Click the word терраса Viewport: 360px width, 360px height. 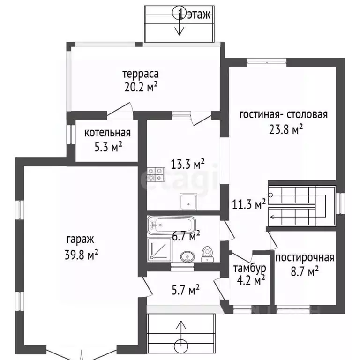141,74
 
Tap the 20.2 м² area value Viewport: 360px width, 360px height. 141,87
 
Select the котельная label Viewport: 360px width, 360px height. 108,133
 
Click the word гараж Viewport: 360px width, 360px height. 80,240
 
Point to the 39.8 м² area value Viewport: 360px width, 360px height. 82,254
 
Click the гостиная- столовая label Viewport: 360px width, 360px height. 284,114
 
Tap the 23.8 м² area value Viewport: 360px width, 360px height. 286,129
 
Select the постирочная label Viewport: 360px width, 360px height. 305,258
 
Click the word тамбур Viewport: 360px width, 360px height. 250,268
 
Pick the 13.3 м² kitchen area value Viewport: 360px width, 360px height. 188,164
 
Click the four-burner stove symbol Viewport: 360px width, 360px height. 156,174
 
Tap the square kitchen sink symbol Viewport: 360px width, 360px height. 188,202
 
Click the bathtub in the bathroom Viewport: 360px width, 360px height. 171,225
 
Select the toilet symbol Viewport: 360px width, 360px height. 208,254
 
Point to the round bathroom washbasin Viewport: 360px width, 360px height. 187,257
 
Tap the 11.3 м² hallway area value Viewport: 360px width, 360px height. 249,204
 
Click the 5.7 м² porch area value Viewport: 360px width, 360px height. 186,290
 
